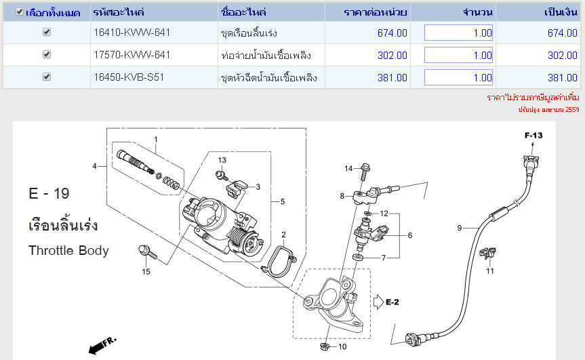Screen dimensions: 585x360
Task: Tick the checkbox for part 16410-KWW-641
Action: point(47,32)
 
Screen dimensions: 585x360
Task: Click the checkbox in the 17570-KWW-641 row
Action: point(47,54)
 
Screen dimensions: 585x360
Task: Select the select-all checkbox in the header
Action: point(20,12)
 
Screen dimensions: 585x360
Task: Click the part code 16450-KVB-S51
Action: point(129,77)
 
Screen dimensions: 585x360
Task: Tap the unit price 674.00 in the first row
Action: point(392,33)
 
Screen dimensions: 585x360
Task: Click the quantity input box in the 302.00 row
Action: point(458,55)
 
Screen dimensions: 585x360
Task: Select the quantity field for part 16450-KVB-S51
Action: point(458,77)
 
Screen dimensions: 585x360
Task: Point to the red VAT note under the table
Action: point(533,98)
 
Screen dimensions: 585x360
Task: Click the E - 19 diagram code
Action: point(49,194)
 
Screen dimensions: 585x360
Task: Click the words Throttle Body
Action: point(68,250)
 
